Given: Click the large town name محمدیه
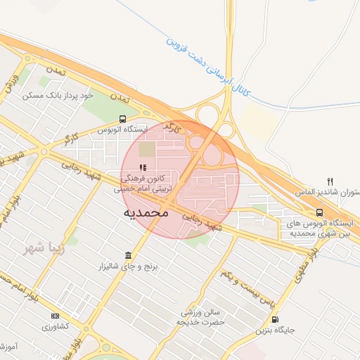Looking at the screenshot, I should (x=146, y=211).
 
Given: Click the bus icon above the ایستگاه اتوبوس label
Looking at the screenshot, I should (x=123, y=119).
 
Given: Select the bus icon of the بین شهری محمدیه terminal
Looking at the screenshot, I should (x=320, y=212).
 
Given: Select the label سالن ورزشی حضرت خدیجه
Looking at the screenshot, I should (x=202, y=316).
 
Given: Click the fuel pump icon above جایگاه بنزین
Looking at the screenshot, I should (x=274, y=319).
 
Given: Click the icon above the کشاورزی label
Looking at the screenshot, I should (x=55, y=316).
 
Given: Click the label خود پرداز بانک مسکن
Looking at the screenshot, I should (x=63, y=94).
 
